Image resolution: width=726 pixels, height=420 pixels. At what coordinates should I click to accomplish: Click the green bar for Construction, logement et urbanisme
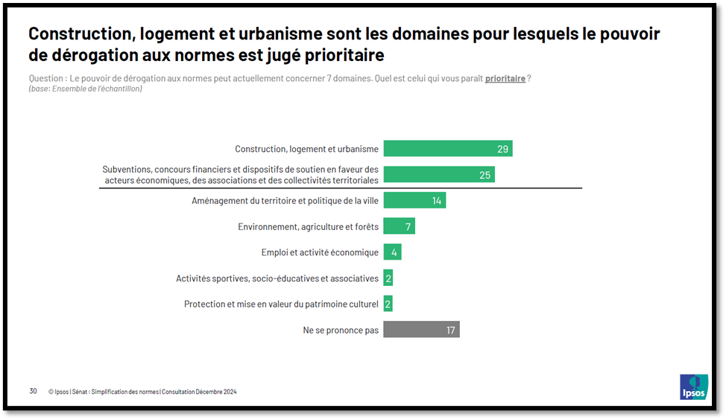click(447, 149)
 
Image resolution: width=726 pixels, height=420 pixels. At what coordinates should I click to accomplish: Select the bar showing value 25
click(438, 175)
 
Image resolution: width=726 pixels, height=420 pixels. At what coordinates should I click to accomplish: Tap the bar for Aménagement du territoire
click(414, 200)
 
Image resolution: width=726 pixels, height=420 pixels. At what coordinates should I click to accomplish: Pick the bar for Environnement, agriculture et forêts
click(399, 226)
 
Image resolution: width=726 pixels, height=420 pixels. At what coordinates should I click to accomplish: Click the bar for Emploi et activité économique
click(392, 252)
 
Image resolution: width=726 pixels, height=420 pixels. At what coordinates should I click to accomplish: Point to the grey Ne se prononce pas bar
click(421, 329)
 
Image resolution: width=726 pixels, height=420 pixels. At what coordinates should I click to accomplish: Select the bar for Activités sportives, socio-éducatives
click(388, 279)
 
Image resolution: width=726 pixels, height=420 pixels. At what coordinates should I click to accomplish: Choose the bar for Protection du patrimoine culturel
click(388, 304)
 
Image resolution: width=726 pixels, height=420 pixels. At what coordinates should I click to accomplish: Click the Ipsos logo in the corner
click(693, 386)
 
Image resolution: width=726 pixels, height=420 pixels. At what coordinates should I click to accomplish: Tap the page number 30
click(33, 391)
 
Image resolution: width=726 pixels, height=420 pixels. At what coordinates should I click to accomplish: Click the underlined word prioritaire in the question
click(505, 79)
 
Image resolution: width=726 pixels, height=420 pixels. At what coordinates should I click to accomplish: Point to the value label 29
click(502, 150)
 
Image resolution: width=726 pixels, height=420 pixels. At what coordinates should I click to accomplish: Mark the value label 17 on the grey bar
click(450, 330)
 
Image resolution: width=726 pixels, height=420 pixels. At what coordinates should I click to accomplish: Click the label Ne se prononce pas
click(341, 330)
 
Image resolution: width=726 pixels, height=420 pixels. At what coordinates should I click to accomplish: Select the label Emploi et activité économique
click(320, 252)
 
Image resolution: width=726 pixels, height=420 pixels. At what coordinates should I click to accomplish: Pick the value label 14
click(437, 201)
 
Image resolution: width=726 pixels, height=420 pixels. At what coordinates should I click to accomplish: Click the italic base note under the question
click(85, 89)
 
